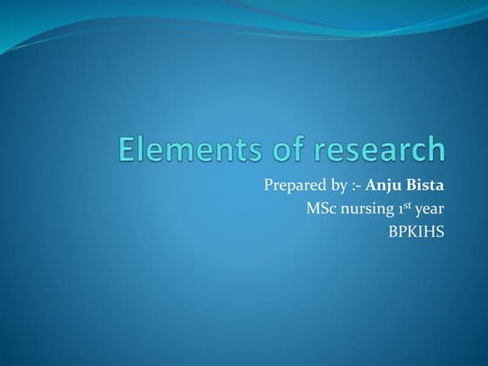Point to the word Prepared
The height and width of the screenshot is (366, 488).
293,186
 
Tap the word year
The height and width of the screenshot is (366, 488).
430,210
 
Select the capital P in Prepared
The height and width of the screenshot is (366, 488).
268,186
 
